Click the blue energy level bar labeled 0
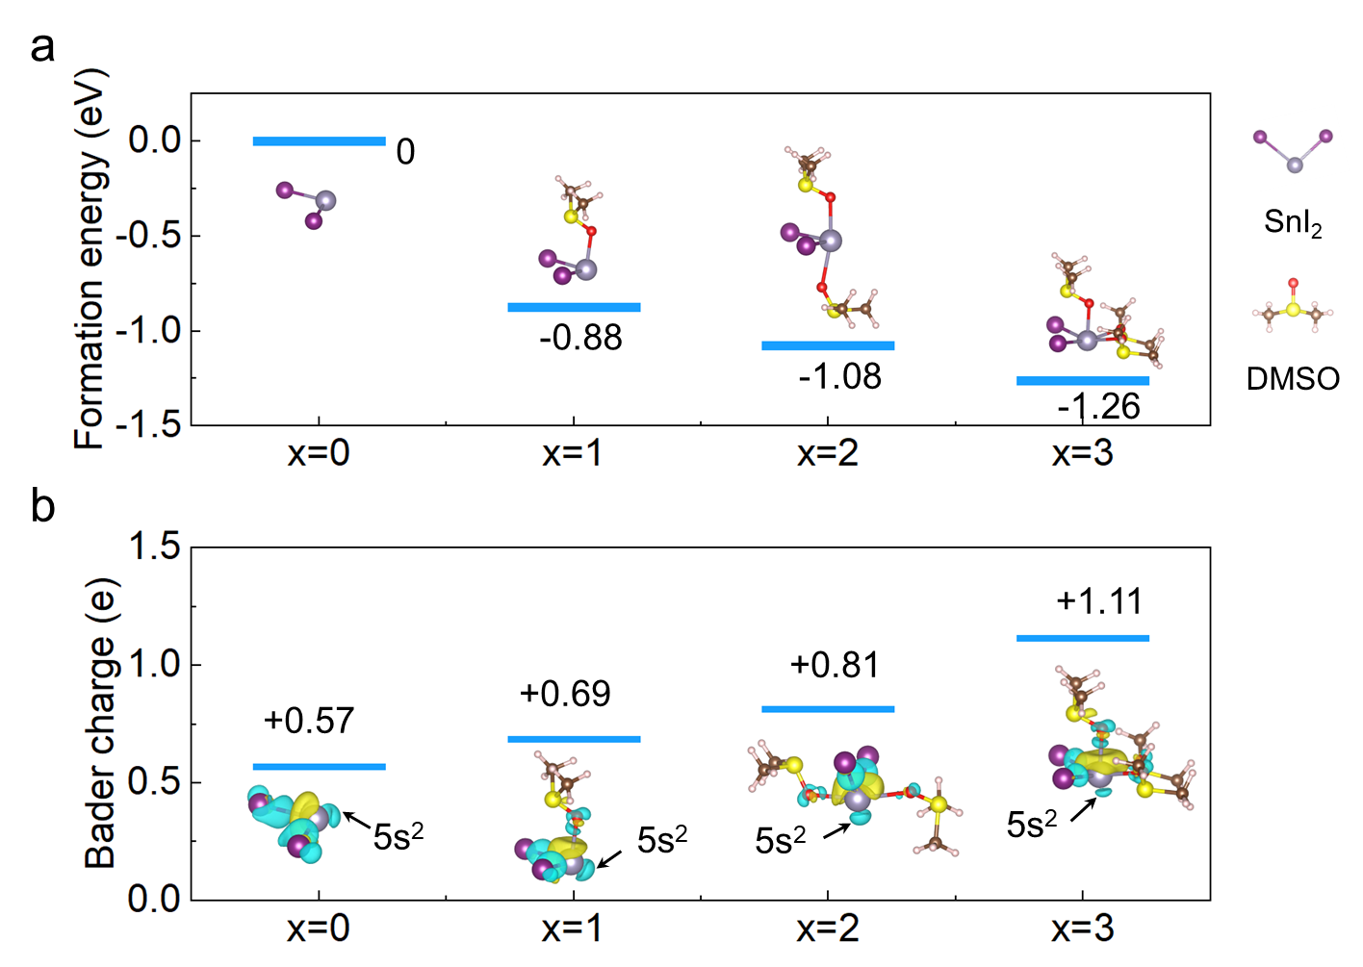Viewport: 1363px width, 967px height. pos(319,141)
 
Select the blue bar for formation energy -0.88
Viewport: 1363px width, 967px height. pos(574,308)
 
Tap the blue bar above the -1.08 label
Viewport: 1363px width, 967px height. pos(828,345)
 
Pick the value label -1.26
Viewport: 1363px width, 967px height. pos(1098,407)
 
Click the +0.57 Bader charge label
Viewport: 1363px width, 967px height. pos(309,721)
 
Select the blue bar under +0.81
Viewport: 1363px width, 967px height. pos(828,709)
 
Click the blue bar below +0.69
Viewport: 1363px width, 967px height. pos(574,739)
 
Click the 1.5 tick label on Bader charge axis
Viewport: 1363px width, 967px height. pos(154,547)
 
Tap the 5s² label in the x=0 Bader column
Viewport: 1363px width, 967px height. pos(399,836)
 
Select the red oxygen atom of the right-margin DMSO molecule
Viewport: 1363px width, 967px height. pos(1293,284)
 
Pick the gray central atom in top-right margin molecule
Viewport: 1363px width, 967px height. pos(1295,165)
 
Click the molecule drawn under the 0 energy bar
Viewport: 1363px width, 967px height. pos(308,203)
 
